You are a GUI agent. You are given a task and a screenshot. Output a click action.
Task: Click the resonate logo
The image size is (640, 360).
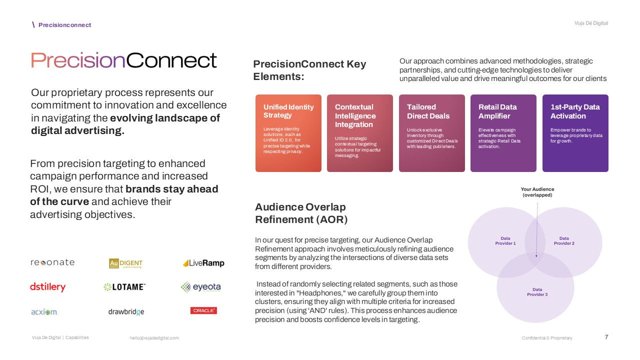point(52,262)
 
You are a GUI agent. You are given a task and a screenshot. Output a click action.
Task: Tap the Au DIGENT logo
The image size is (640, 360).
point(126,263)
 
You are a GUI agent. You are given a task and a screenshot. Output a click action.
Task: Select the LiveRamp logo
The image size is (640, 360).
point(203,263)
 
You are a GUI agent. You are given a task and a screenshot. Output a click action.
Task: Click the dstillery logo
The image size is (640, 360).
point(48,287)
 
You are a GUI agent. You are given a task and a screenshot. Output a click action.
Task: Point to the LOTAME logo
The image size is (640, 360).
point(124,287)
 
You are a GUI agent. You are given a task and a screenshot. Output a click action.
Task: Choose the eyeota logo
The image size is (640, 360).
point(200,287)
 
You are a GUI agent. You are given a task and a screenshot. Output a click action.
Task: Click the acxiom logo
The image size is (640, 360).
point(44,312)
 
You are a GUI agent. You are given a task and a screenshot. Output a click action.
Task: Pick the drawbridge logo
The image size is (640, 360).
point(126,312)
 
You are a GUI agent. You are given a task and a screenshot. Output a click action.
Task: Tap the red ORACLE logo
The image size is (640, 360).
point(203,310)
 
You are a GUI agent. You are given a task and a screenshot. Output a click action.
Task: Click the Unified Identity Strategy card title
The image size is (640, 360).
point(288,111)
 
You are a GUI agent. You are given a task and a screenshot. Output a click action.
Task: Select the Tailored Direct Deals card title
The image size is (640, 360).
point(428,111)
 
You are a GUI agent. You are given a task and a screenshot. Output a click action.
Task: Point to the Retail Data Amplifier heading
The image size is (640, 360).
point(497,111)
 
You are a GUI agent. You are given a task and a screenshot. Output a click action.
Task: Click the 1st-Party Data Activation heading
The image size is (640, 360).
point(575,111)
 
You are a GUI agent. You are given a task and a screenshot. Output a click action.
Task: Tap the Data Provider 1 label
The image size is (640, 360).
point(505,241)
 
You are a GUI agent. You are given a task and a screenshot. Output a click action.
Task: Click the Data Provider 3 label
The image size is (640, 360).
point(537,292)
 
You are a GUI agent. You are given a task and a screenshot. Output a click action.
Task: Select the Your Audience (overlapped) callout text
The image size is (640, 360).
point(537,192)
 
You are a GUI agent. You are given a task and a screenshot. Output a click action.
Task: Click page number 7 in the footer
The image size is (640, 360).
point(606,337)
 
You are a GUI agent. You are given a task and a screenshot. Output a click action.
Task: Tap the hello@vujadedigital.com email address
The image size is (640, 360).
point(154,338)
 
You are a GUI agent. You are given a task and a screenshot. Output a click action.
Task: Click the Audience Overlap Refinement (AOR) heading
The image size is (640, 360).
point(301,213)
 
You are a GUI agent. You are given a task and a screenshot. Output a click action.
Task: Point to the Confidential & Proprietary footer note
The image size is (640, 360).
point(547,338)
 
